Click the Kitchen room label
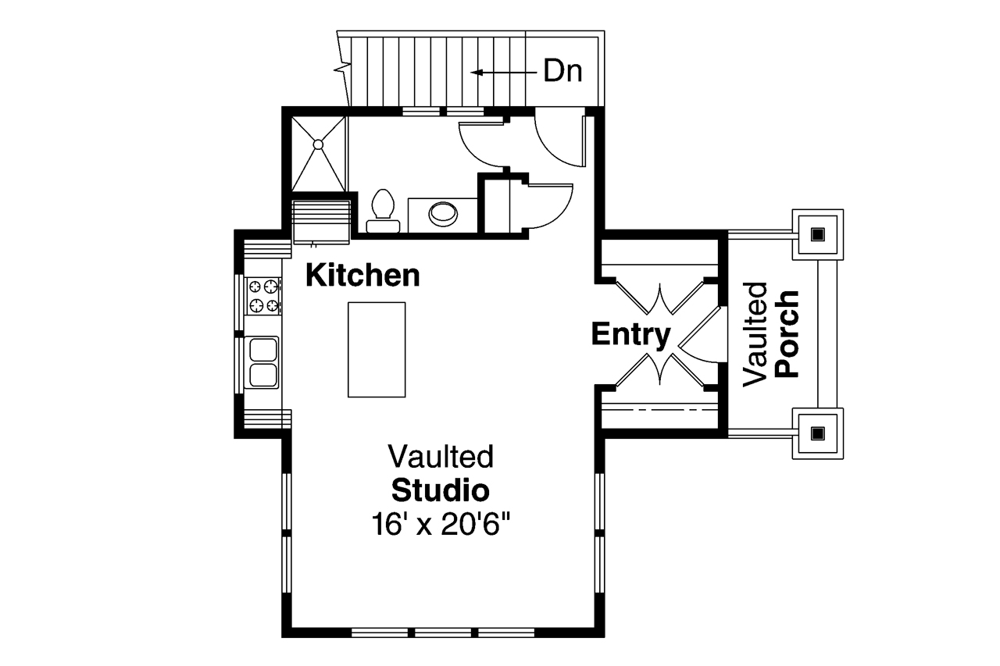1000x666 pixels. [362, 276]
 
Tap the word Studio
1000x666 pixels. [441, 490]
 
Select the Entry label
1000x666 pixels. [630, 334]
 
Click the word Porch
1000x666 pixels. [787, 334]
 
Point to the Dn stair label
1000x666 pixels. [562, 72]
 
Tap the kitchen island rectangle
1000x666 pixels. [377, 350]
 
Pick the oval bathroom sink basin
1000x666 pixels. [444, 212]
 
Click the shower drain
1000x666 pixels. [319, 144]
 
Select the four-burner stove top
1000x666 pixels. [263, 296]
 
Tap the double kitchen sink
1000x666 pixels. [263, 362]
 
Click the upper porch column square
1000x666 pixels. [817, 233]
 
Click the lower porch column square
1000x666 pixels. [817, 432]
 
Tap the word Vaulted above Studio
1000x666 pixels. [441, 456]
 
